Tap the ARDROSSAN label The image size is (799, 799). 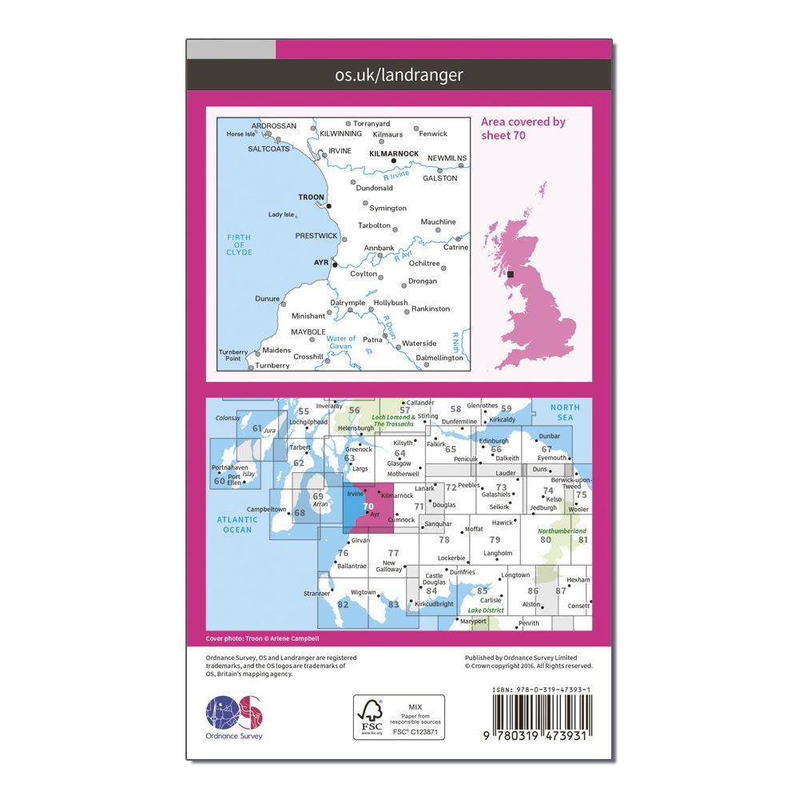pyautogui.click(x=273, y=126)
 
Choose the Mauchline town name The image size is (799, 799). pyautogui.click(x=439, y=221)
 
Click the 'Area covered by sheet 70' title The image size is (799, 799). pyautogui.click(x=523, y=128)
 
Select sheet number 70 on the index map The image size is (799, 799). pyautogui.click(x=368, y=507)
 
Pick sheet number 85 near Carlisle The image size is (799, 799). pyautogui.click(x=482, y=591)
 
